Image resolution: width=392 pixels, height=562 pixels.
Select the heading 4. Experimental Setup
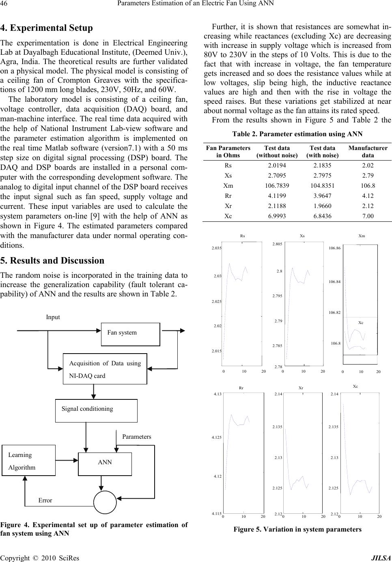pos(47,28)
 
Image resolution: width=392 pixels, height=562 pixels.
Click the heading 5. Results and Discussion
pos(52,260)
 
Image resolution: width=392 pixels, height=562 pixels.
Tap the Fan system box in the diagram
pos(130,334)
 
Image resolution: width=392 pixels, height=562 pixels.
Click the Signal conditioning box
pos(96,410)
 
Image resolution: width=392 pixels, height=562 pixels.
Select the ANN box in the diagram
pos(105,463)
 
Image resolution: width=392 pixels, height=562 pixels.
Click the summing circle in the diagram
pos(105,502)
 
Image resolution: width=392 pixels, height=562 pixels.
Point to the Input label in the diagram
pos(53,317)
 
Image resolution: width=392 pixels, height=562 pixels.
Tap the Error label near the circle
pos(45,500)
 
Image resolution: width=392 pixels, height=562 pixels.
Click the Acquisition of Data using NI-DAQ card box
pos(105,369)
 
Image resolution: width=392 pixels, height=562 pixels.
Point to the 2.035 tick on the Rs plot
pos(216,247)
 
